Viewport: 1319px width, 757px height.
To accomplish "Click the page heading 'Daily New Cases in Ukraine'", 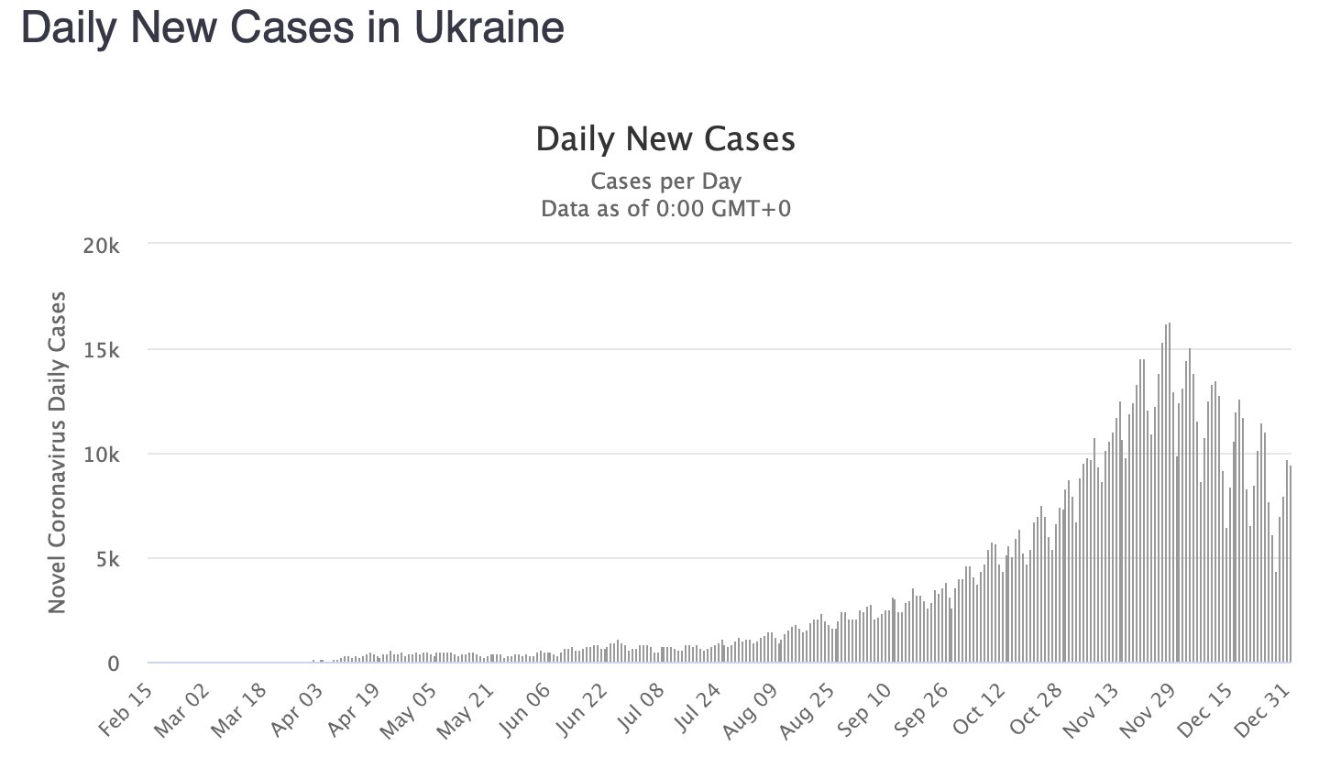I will click(x=291, y=27).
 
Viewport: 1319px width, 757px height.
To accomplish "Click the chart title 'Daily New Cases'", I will click(x=665, y=139).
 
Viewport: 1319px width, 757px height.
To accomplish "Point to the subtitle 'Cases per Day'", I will click(x=665, y=180).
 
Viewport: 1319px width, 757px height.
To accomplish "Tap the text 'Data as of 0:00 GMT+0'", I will click(x=665, y=208).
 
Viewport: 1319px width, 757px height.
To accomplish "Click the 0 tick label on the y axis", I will click(x=114, y=664).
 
